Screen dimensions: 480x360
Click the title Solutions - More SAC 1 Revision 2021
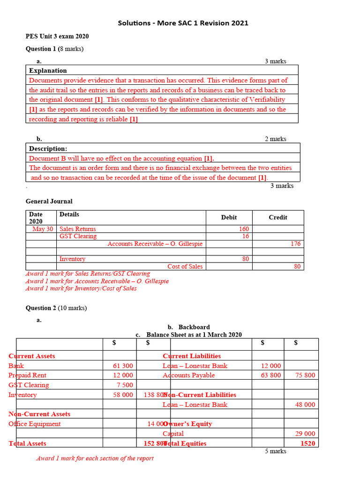point(183,23)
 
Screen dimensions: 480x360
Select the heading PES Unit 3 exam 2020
point(57,37)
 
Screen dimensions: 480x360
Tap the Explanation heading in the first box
point(48,70)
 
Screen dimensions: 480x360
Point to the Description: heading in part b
point(48,149)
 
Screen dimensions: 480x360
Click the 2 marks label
point(276,139)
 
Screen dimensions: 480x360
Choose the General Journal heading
point(49,201)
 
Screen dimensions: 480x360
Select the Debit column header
point(229,217)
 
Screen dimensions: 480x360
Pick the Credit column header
point(277,217)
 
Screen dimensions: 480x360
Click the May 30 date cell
point(43,229)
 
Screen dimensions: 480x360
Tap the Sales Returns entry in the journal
point(77,229)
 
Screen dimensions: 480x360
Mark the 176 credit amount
point(295,244)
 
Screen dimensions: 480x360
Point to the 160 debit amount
point(244,229)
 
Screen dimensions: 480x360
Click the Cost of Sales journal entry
point(185,266)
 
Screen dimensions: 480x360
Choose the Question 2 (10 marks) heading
point(56,308)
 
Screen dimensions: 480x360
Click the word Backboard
point(194,327)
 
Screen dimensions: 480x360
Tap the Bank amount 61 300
point(123,366)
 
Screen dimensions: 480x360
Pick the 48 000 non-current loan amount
point(305,405)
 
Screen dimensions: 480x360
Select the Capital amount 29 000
point(305,434)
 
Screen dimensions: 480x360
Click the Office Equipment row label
point(35,424)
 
